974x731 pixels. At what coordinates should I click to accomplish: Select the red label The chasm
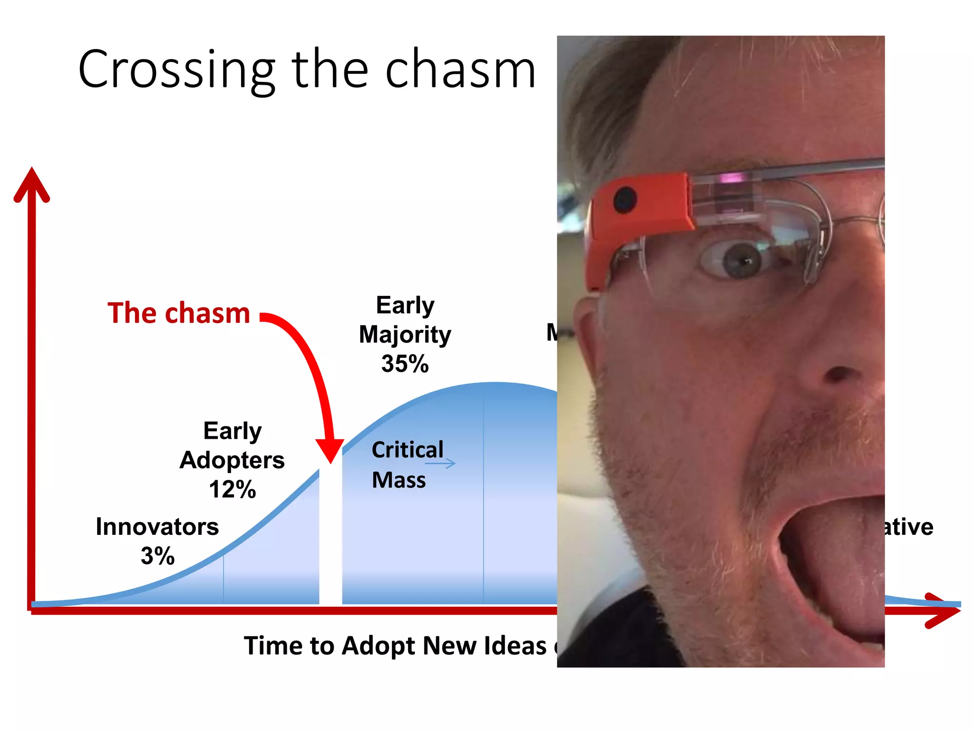pos(179,313)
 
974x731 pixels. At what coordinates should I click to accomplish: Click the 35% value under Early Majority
pos(405,364)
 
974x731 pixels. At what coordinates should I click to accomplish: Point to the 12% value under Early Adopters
pos(232,489)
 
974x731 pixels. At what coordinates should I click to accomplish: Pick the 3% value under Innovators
pos(157,556)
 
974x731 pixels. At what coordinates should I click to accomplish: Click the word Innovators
pos(157,527)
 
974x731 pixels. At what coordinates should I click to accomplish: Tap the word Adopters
pos(232,460)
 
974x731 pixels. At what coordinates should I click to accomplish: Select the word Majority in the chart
pos(405,335)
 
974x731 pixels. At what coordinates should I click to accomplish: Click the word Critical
pos(407,450)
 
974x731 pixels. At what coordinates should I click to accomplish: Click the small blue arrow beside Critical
pos(440,463)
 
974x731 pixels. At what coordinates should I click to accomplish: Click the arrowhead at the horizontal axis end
pos(944,611)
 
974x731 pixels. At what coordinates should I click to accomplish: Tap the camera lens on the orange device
pos(625,199)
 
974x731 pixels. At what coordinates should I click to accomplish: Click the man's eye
pos(742,259)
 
